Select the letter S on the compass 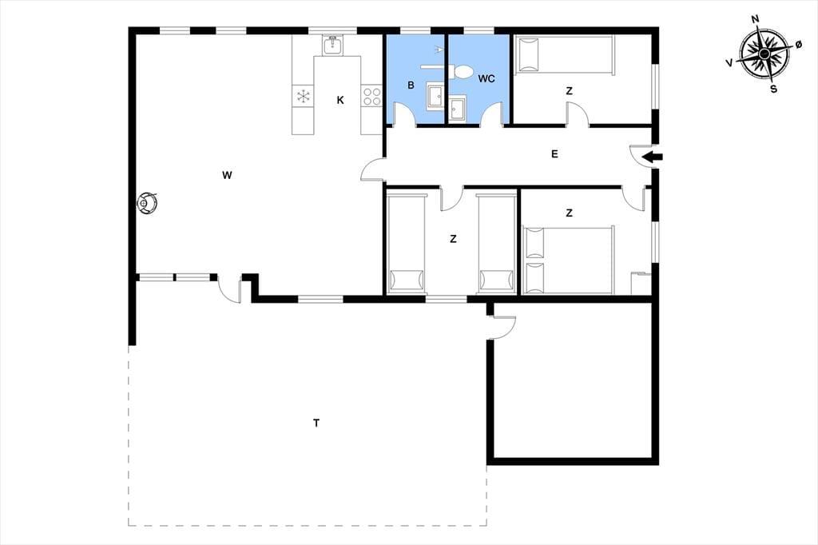(773, 90)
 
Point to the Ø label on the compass (798, 46)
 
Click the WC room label (486, 79)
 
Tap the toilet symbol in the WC (463, 71)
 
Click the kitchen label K (340, 100)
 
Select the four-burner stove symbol (372, 97)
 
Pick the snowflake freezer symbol (303, 96)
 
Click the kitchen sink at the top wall (332, 46)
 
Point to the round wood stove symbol (147, 202)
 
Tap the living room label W (226, 175)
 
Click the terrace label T (316, 423)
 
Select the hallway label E (554, 154)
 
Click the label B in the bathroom (411, 85)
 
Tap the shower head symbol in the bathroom (439, 50)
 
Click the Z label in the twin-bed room (453, 239)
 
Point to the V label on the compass (729, 62)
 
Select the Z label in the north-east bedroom (569, 91)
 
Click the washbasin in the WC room (458, 109)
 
